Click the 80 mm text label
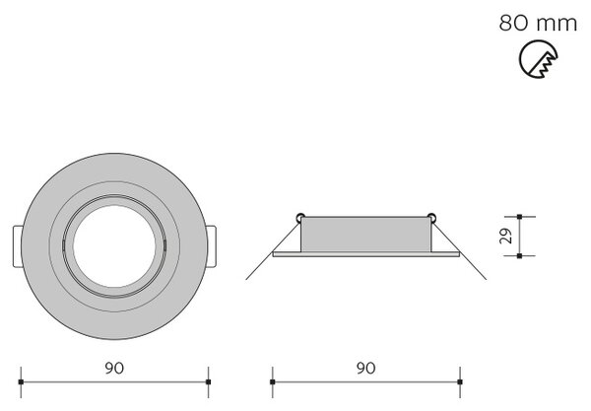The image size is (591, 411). click(538, 23)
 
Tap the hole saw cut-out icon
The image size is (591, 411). click(538, 59)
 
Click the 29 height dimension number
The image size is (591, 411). click(506, 236)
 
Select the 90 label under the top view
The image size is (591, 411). click(114, 368)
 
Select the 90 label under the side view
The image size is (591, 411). click(365, 368)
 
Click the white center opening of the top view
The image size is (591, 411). click(114, 246)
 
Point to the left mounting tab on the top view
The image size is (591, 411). click(18, 246)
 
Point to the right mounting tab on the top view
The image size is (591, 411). click(212, 246)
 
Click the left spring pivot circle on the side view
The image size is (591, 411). click(300, 218)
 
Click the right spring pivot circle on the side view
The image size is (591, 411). click(431, 218)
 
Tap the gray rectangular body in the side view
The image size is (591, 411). click(365, 235)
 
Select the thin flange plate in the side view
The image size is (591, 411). click(366, 254)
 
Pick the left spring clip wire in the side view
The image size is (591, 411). click(273, 249)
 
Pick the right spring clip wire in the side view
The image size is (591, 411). click(459, 249)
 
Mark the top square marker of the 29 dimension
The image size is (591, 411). click(520, 217)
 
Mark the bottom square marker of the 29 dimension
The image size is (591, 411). click(520, 256)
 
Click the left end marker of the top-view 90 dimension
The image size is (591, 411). click(21, 382)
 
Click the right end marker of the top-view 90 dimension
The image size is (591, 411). click(209, 382)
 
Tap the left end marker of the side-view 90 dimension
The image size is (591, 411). click(273, 382)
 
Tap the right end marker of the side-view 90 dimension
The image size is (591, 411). click(460, 382)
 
